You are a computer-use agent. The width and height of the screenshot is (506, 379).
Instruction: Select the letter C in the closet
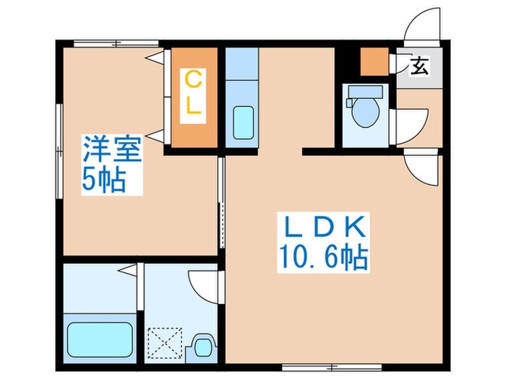[193, 77]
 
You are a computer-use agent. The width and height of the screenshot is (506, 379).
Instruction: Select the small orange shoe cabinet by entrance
[374, 63]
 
